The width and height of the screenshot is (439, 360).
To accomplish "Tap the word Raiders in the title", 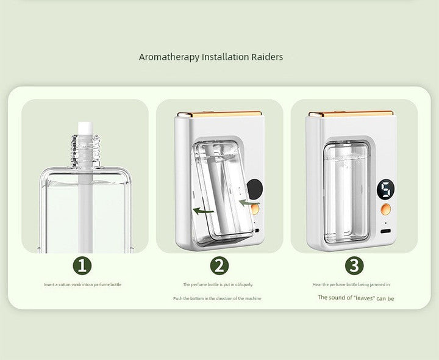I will coord(266,57).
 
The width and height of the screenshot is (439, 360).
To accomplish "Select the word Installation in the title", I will coord(221,57).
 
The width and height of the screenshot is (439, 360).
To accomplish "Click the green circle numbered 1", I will coord(84,265).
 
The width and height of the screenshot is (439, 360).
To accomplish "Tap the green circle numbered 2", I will coord(219,265).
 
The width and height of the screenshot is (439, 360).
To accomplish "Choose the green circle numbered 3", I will coord(354,265).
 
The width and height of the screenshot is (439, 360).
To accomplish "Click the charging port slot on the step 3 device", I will coord(386,232).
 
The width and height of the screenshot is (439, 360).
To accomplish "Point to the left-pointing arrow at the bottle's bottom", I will coord(204,211).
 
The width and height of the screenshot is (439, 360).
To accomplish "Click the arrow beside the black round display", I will coord(248,202).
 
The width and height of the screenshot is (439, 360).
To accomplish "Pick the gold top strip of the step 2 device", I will coord(218,114).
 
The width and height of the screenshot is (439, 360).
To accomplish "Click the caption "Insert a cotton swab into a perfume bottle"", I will coord(82,284).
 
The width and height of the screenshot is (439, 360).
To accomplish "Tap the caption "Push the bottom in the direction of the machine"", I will coord(218,298).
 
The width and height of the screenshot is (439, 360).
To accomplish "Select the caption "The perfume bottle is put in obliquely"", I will coord(218,284).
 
